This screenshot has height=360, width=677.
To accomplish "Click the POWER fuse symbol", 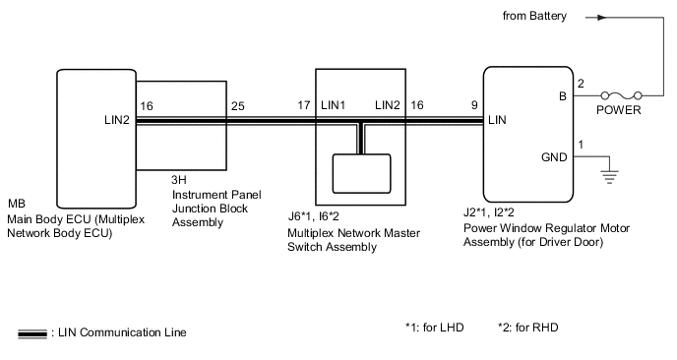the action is click(x=621, y=95).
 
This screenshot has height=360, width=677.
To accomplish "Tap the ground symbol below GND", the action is click(x=609, y=177).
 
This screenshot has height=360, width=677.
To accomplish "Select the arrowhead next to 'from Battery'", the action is click(x=602, y=18).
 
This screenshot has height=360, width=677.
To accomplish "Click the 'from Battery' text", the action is click(x=534, y=16).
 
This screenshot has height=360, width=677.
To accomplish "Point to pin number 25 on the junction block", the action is click(x=237, y=106).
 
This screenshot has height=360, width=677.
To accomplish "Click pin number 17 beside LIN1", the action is click(x=303, y=105).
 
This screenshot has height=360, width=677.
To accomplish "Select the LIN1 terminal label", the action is click(x=333, y=105).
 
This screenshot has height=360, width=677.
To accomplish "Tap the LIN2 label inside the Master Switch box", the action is click(x=388, y=105).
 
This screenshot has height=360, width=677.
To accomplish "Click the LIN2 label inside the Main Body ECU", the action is click(x=117, y=120).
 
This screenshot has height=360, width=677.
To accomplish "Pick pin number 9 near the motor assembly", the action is click(x=474, y=105).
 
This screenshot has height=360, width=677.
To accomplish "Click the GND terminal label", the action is click(x=554, y=157).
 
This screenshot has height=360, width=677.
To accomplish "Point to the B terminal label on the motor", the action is click(x=563, y=96).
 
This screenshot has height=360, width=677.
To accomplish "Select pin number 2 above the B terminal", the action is click(x=581, y=84).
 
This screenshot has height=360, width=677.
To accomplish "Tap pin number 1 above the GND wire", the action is click(x=581, y=145).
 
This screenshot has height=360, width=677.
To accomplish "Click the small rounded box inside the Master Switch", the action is click(x=361, y=173).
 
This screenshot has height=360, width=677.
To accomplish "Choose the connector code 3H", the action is click(x=179, y=180).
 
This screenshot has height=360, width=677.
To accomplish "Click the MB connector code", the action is click(x=17, y=204).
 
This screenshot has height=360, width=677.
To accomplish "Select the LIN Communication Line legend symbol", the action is click(x=32, y=333).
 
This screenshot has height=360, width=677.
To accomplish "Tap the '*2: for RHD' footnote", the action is click(x=527, y=328).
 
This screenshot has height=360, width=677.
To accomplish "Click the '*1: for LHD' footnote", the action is click(x=434, y=328).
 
